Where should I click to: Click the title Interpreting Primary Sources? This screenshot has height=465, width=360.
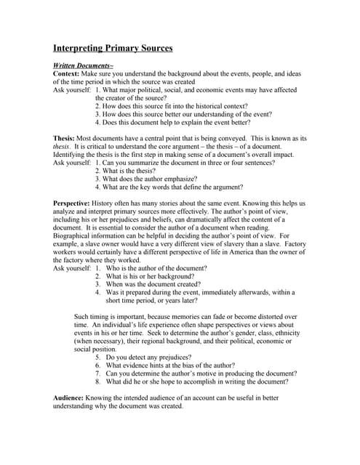(113, 49)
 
